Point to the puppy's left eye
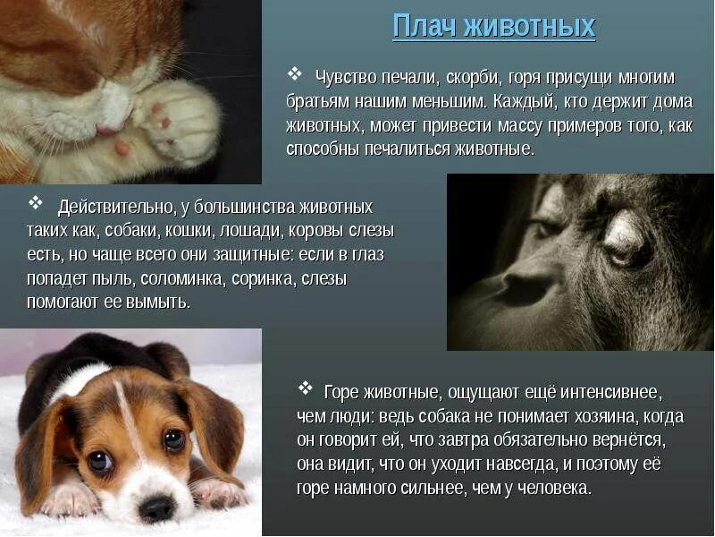(174, 439)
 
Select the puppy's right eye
(100, 461)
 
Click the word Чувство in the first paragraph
(345, 77)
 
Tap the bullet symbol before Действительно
(37, 204)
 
